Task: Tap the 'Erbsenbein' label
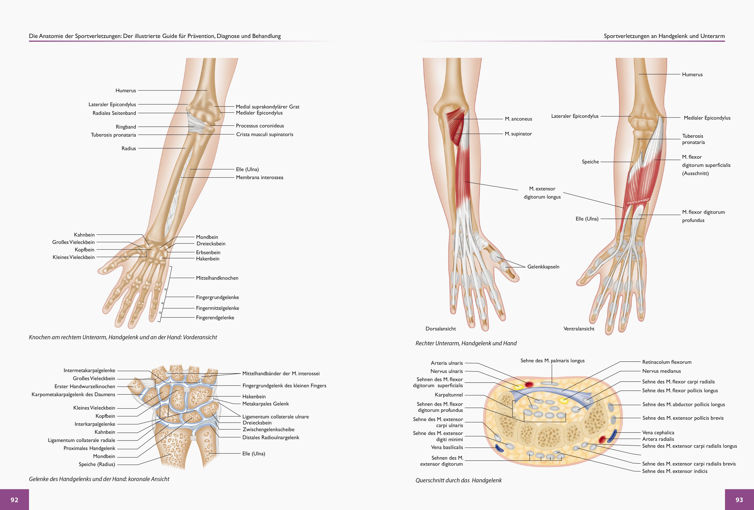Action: (x=208, y=252)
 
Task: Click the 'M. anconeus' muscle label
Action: (x=518, y=119)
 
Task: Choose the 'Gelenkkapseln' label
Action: (x=543, y=267)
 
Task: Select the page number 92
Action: (x=14, y=500)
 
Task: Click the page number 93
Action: (x=739, y=500)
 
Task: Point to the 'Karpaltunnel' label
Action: (x=449, y=395)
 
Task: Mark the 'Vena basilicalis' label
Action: (x=447, y=447)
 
